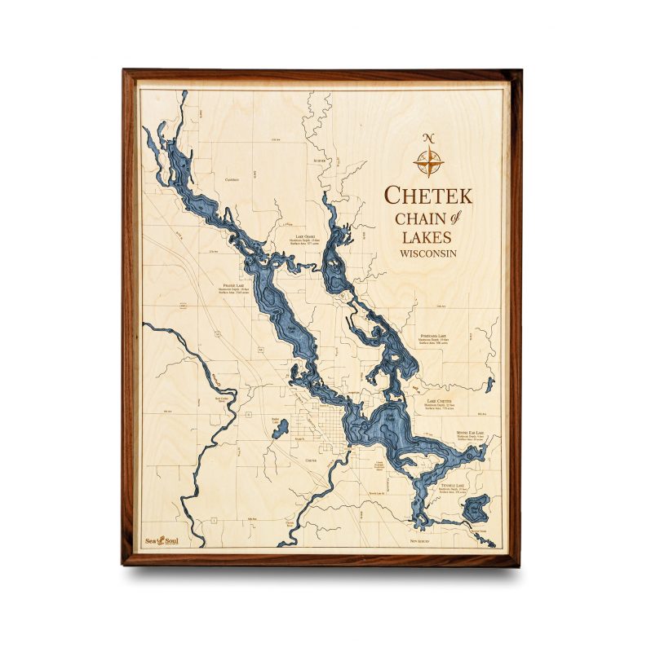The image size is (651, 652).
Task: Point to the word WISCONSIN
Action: (x=428, y=253)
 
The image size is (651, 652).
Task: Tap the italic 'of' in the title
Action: (x=454, y=216)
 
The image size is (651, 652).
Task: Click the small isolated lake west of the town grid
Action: (x=278, y=429)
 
